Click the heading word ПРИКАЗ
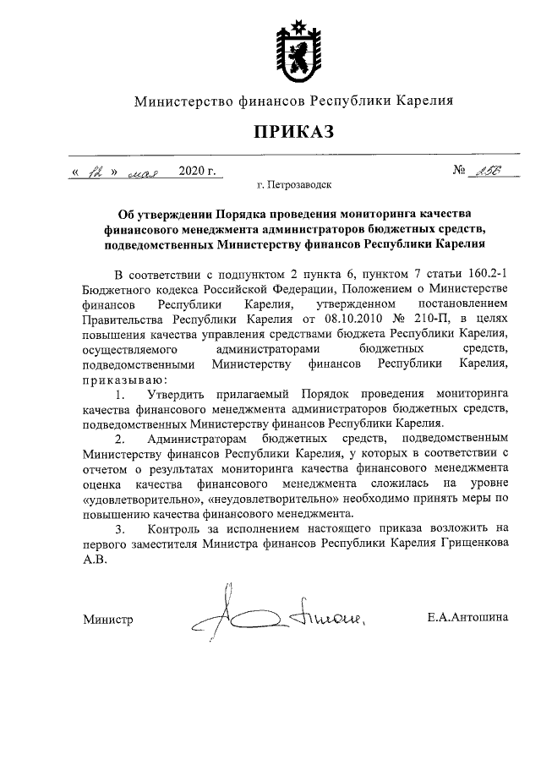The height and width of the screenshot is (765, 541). [x=290, y=131]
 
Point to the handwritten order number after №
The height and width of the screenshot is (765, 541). [x=485, y=171]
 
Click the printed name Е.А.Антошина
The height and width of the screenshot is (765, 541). [x=467, y=618]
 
